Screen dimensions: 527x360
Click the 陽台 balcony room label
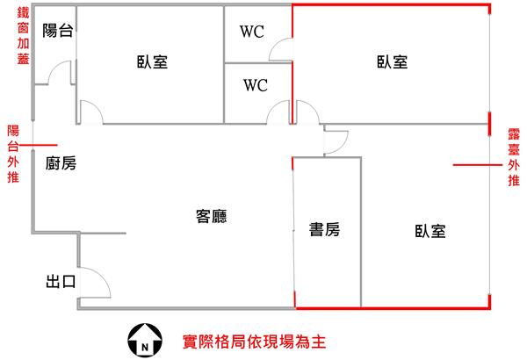click(58, 31)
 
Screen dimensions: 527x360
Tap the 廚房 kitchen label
click(61, 163)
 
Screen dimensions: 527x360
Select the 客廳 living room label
click(211, 216)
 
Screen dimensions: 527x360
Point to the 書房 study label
click(324, 229)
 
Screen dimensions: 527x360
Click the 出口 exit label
click(61, 281)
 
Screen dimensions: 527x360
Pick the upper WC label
click(252, 32)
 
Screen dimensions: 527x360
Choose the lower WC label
click(256, 85)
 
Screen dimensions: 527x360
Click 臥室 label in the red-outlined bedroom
click(393, 62)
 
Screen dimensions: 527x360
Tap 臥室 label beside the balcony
click(152, 61)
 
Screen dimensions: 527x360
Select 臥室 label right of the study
click(430, 231)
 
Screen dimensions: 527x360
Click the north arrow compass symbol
click(145, 340)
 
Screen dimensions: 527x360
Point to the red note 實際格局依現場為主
click(255, 342)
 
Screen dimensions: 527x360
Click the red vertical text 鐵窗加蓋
click(23, 36)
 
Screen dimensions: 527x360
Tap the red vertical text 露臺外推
click(514, 157)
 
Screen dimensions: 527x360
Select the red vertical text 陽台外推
click(13, 154)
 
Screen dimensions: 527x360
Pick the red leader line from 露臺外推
click(478, 165)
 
